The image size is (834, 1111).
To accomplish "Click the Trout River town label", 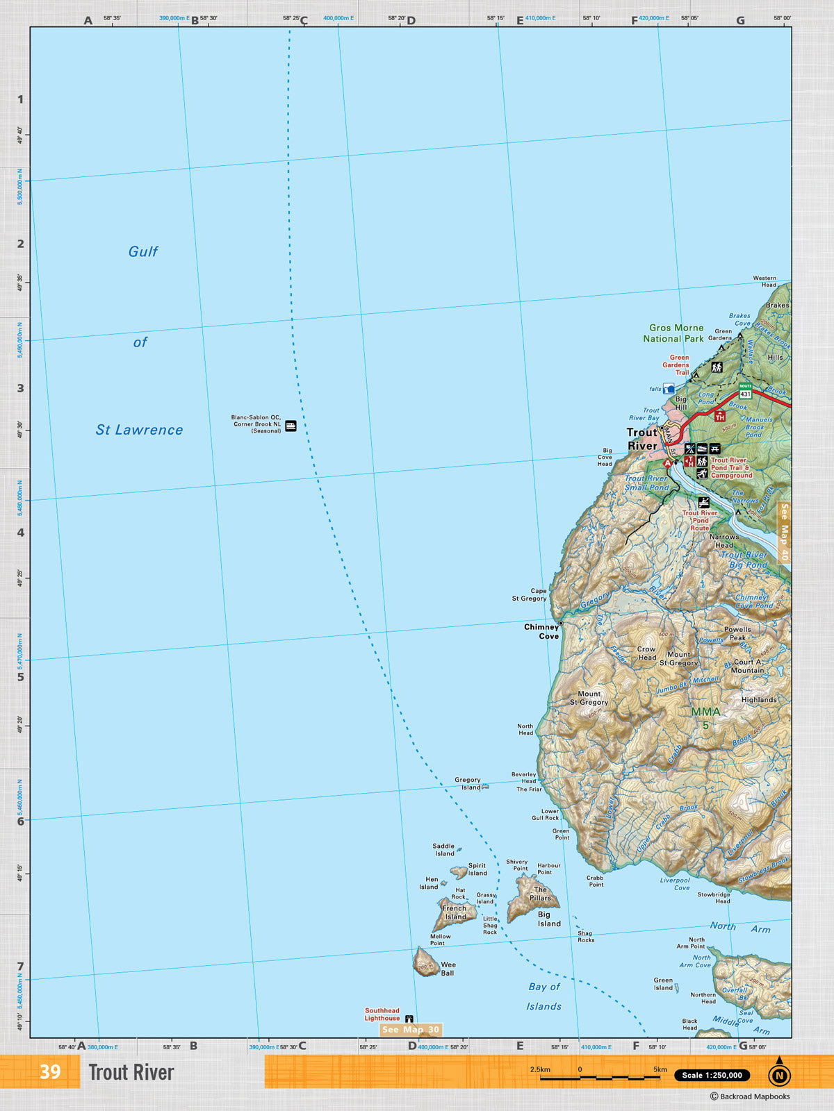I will tap(642, 439).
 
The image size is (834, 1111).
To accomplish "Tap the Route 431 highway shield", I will tap(745, 391).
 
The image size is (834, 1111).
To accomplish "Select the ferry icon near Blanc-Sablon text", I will tap(291, 426).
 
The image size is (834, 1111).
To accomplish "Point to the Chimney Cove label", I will tap(541, 631).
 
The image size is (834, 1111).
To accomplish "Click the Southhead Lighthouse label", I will tap(382, 1014).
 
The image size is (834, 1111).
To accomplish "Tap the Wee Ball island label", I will tap(448, 969).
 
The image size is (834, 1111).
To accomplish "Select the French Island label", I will tap(455, 912).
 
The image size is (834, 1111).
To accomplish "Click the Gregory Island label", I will tap(468, 783).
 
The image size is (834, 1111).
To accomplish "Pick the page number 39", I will tap(50, 1071).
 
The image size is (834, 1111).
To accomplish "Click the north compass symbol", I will tap(779, 1074).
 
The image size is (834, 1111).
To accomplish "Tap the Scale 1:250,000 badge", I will tap(712, 1075).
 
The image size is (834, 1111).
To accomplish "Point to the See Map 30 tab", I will tap(411, 1030).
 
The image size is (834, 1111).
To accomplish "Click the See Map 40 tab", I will tap(784, 532).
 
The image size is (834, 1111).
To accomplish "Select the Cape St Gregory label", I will tap(530, 594).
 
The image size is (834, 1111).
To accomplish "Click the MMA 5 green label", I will tap(705, 718).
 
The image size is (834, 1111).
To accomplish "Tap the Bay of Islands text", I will tap(544, 996).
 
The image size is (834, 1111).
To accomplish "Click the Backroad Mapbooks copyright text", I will tap(750, 1096).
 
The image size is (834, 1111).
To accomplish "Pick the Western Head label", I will tap(764, 281).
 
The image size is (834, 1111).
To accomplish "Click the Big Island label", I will tap(548, 919).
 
